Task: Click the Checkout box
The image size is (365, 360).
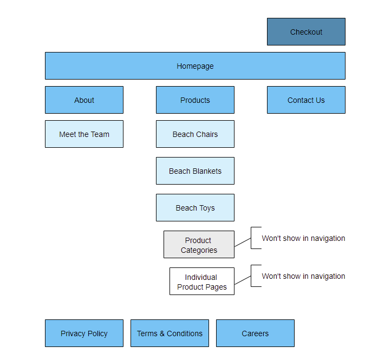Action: (x=306, y=31)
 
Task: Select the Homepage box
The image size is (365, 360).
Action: (x=195, y=66)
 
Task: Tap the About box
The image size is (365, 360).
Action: (x=84, y=100)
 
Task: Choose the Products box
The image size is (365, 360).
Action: (x=195, y=100)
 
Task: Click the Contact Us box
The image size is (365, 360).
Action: (x=306, y=100)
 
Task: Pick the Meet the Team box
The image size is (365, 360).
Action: (x=84, y=134)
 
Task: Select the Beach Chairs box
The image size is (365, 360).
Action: (x=195, y=134)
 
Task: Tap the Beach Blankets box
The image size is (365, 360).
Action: (x=195, y=171)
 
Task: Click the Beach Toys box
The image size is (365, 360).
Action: (x=195, y=207)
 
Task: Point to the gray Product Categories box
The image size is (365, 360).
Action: (x=199, y=244)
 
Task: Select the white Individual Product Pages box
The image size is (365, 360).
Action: (x=202, y=281)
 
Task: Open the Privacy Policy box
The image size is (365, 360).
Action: (x=84, y=333)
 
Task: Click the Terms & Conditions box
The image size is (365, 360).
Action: (x=170, y=333)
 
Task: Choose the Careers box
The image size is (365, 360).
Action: (x=255, y=333)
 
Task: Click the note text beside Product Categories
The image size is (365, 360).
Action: (x=303, y=238)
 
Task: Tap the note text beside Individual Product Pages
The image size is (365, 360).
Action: (x=303, y=276)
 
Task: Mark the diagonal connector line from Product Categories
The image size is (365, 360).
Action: (x=243, y=242)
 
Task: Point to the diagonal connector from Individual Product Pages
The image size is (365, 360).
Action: (x=243, y=280)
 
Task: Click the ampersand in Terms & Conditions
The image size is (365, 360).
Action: (x=162, y=333)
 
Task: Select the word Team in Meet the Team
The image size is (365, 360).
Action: (x=100, y=134)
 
